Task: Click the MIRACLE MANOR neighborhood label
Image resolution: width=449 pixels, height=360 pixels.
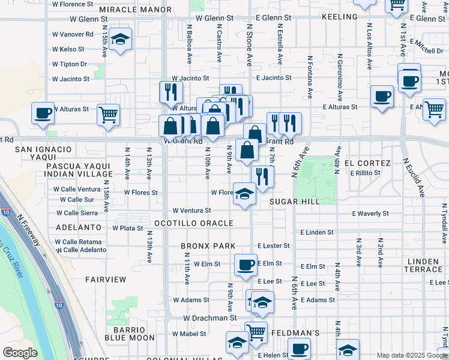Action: coord(135,10)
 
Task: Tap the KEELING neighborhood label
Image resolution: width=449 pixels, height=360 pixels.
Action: coord(340,17)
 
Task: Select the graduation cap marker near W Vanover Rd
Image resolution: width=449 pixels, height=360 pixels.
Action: coord(121,40)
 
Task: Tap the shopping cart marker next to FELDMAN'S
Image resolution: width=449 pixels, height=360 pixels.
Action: coord(257,332)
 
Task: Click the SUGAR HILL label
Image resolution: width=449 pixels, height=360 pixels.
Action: coord(294,202)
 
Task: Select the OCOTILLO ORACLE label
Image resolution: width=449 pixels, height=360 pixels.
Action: coord(193,223)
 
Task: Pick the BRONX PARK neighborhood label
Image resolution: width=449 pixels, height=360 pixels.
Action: coord(208,247)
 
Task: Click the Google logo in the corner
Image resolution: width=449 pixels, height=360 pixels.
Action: coord(20,353)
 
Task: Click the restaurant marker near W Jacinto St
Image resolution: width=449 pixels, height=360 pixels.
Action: coord(171,92)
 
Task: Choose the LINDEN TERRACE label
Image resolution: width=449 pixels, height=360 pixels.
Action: coord(423,266)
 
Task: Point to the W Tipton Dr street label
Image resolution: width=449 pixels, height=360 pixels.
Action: coord(69,64)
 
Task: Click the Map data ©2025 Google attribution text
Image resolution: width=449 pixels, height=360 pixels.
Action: coord(411,355)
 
